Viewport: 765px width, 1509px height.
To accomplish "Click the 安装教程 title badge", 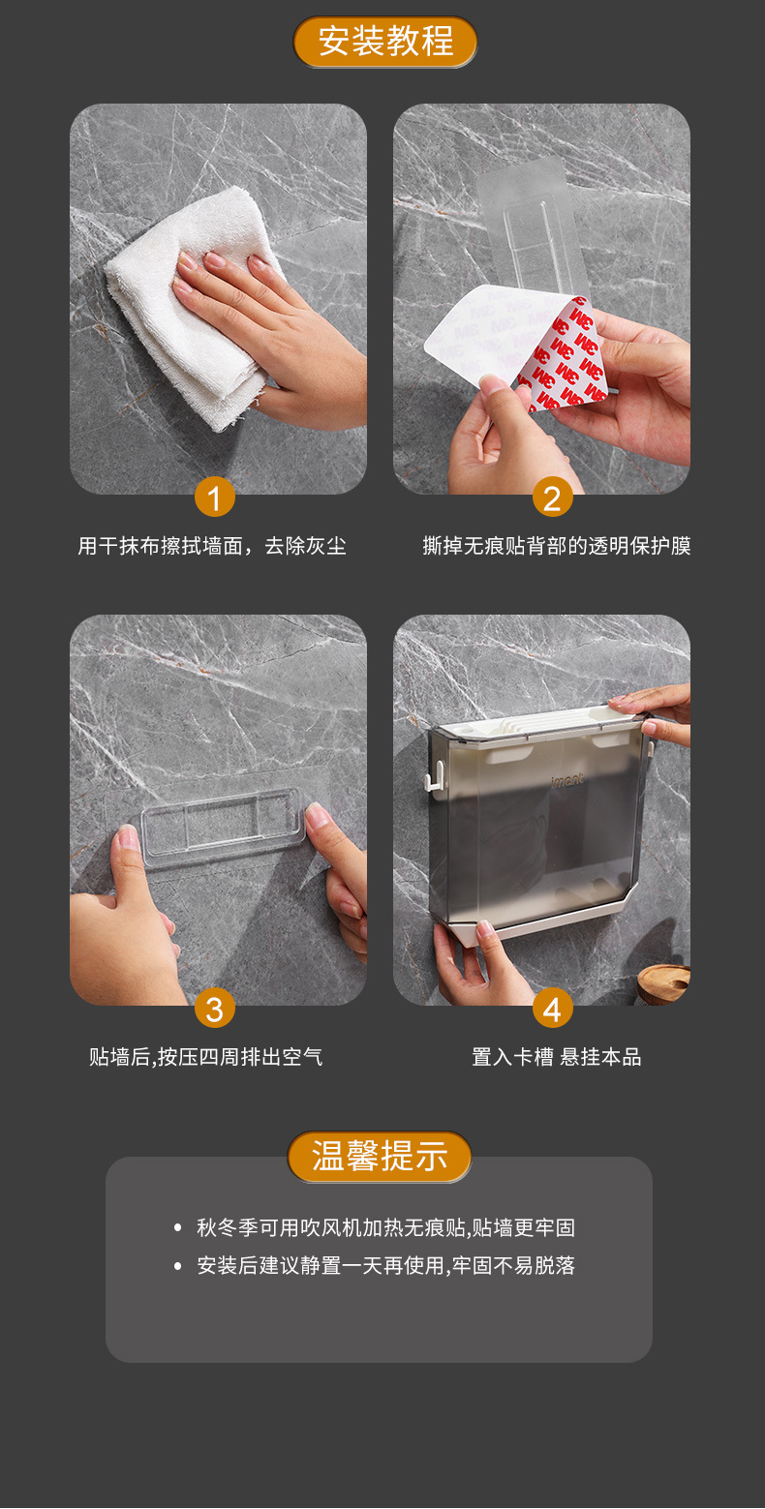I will pos(384,42).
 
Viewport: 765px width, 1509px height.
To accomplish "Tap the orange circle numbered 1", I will pos(214,498).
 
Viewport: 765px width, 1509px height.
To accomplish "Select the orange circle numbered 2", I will pos(552,498).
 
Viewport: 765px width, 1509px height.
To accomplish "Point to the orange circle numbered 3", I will pos(214,1010).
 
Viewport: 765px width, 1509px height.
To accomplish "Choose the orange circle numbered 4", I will pos(552,1010).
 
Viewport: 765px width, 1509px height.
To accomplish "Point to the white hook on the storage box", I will pos(438,771).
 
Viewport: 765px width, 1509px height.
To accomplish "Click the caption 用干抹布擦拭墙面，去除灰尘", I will pos(212,546).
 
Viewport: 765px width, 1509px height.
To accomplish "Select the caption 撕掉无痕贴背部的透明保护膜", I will pos(557,546).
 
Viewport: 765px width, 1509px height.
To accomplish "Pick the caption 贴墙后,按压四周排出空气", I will pos(205,1057).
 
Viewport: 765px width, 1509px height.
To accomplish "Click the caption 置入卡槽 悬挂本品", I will pos(556,1057).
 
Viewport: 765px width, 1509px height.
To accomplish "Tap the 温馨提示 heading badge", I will pos(380,1156).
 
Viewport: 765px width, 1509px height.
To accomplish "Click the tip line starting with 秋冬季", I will pos(385,1227).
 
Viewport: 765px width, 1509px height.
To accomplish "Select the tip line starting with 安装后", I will pos(385,1265).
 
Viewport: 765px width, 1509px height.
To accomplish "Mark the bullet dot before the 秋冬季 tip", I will pos(177,1228).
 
